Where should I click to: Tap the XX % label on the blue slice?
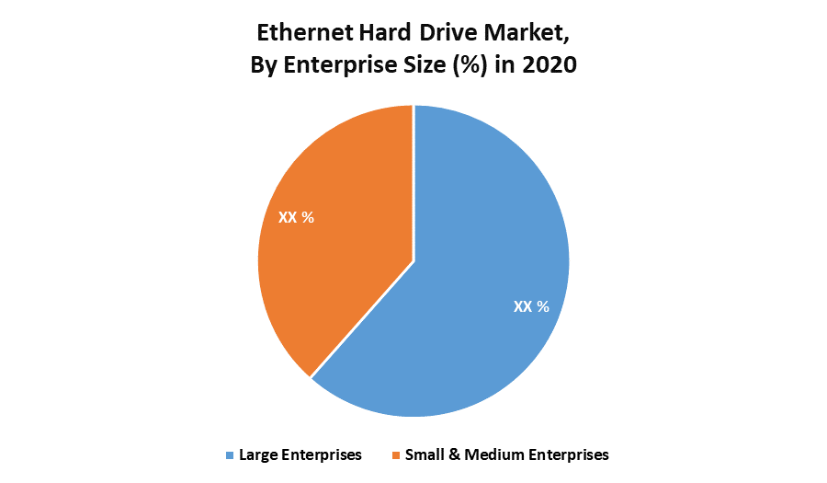click(531, 306)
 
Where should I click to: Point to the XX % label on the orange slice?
click(296, 218)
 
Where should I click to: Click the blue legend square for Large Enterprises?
click(229, 454)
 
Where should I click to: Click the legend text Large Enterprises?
click(300, 454)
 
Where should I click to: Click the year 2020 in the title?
click(550, 65)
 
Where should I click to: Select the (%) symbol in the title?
click(476, 65)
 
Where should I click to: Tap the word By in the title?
click(264, 66)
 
